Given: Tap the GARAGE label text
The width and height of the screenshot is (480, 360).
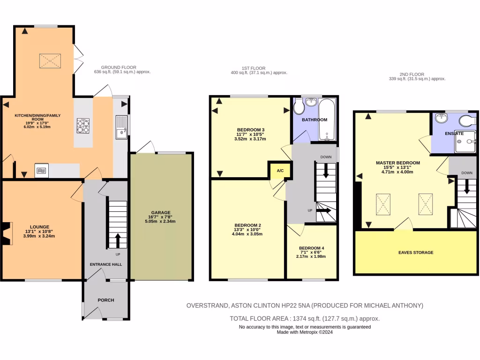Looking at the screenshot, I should point(161,212).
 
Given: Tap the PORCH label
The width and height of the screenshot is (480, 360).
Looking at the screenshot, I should point(105,300).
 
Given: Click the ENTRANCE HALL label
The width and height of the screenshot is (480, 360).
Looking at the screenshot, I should point(105,264).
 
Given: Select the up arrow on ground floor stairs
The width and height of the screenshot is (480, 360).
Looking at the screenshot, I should point(117,240).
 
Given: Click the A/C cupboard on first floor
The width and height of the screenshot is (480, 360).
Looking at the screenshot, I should point(280,171).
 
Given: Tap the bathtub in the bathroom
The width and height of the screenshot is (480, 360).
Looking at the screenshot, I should point(327,120).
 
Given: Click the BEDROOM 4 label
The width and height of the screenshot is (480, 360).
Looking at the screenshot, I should point(311,248).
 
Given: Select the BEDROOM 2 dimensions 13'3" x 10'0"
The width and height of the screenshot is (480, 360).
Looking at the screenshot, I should point(247,230).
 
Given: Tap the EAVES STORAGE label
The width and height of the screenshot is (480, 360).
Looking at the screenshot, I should point(416,253).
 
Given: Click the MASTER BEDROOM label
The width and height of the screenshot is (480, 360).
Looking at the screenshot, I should point(397,163).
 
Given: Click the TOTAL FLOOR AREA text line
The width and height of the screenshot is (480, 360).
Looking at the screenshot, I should point(304,318).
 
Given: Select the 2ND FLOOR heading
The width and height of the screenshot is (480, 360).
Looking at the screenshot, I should point(412,74).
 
